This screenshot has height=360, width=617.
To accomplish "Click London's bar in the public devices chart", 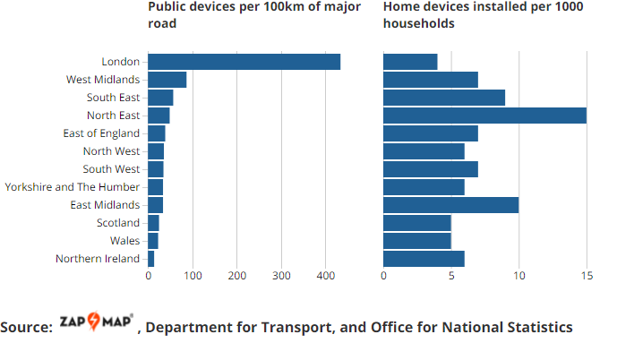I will pos(244,62).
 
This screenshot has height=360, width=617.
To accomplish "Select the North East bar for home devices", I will pos(484,116).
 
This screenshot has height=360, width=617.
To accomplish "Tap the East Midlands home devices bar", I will pos(450,205).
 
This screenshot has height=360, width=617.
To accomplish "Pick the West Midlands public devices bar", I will pos(167,80).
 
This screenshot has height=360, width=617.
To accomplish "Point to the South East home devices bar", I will pos(444,98).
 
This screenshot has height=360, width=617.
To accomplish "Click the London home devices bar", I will pos(410,62).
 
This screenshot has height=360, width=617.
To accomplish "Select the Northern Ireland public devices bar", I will pos(151,259).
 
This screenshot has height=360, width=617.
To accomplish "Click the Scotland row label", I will pos(118,223).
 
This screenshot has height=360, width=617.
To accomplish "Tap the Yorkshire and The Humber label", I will pos(73,187).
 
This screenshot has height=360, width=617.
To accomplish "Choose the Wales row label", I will pos(125,241).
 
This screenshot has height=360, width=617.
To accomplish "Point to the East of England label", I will pos(101,133).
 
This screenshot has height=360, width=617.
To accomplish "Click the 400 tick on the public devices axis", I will pos(325,277).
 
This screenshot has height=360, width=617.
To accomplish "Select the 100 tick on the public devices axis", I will pos(193,277).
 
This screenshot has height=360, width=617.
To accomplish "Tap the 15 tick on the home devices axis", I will pos(587,277).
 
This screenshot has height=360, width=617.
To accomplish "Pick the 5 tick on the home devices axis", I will pos(451,277).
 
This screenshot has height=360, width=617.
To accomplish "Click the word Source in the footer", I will pos(27,328).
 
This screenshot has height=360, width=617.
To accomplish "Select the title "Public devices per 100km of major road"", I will pos(254,15).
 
